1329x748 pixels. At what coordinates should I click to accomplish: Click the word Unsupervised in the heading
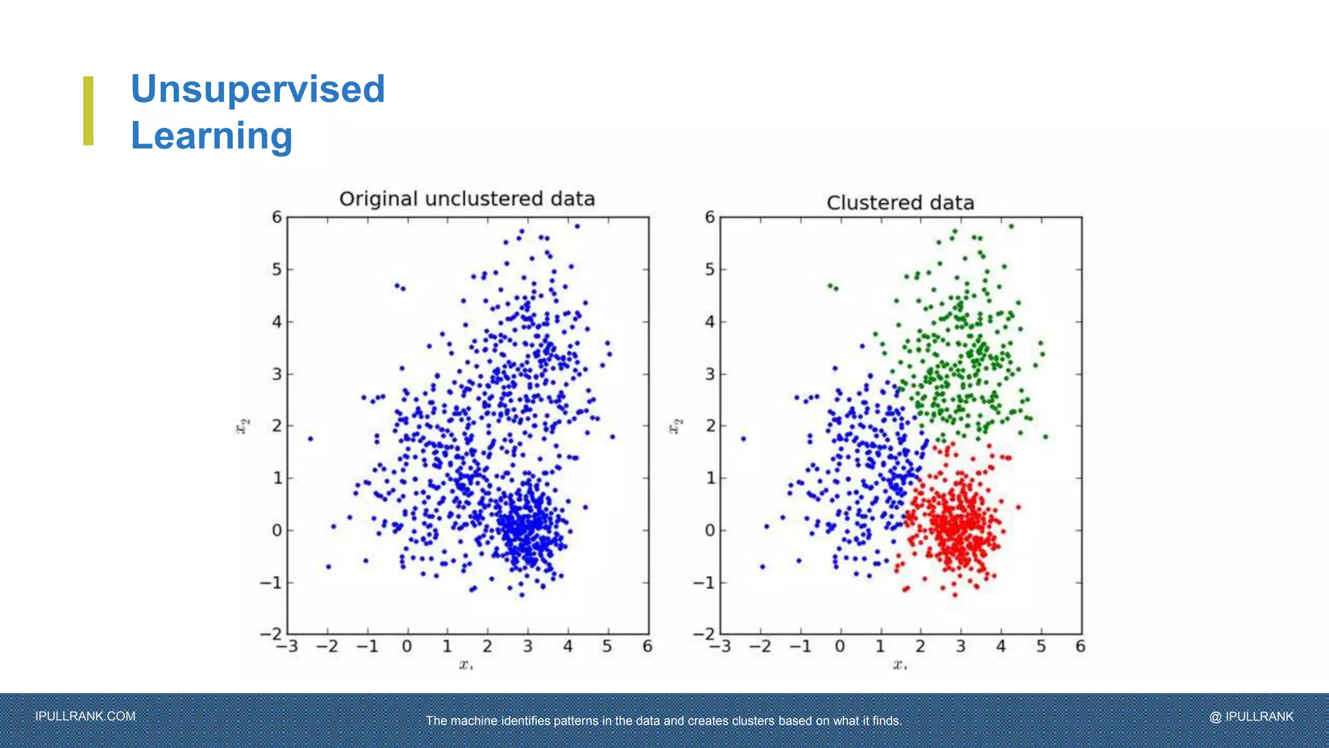point(258,89)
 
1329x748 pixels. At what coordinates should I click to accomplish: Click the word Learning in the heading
point(212,136)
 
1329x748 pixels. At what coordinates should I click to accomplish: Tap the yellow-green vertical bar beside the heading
point(88,110)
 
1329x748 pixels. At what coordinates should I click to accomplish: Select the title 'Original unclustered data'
point(467,199)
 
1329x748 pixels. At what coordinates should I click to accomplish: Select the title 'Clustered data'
point(900,203)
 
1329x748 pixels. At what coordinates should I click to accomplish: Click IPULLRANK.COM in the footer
point(85,716)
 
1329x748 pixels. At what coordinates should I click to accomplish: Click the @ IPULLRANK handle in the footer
point(1251,716)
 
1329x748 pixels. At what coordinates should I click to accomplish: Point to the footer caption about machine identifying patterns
point(664,721)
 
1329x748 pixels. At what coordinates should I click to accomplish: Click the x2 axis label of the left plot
point(242,426)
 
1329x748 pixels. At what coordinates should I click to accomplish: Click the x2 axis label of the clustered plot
point(676,426)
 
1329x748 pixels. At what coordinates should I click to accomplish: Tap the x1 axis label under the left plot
point(466,664)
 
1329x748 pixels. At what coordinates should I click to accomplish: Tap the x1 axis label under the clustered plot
point(899,664)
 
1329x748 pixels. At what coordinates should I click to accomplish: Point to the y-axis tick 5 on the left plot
point(277,269)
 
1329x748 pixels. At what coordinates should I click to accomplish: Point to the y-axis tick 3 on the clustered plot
point(710,374)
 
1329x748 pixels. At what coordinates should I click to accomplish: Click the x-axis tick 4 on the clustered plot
point(1001,646)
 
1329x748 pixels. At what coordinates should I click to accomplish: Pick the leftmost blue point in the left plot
point(310,439)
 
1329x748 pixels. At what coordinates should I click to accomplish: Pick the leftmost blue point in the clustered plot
point(743,439)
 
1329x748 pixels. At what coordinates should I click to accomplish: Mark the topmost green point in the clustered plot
point(1011,227)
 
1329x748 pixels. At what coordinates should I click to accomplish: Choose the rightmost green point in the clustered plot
point(1045,437)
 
